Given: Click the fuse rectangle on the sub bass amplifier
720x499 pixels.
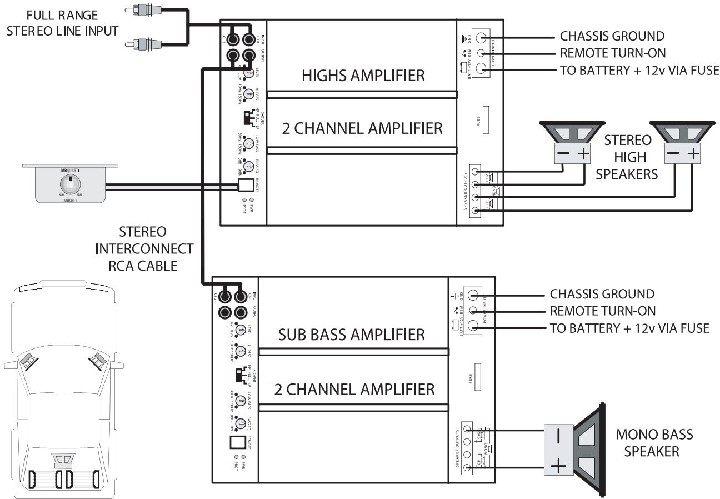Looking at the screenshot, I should coord(477,378).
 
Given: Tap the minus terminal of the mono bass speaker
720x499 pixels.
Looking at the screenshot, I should coord(558,434).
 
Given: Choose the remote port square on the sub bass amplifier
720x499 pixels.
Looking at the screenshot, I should coord(238,443).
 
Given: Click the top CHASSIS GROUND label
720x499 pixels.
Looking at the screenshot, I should coord(611,37).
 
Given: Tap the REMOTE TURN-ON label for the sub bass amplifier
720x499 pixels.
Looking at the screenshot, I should coord(602,311).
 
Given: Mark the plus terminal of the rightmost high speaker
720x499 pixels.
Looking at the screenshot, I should coord(693,154).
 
